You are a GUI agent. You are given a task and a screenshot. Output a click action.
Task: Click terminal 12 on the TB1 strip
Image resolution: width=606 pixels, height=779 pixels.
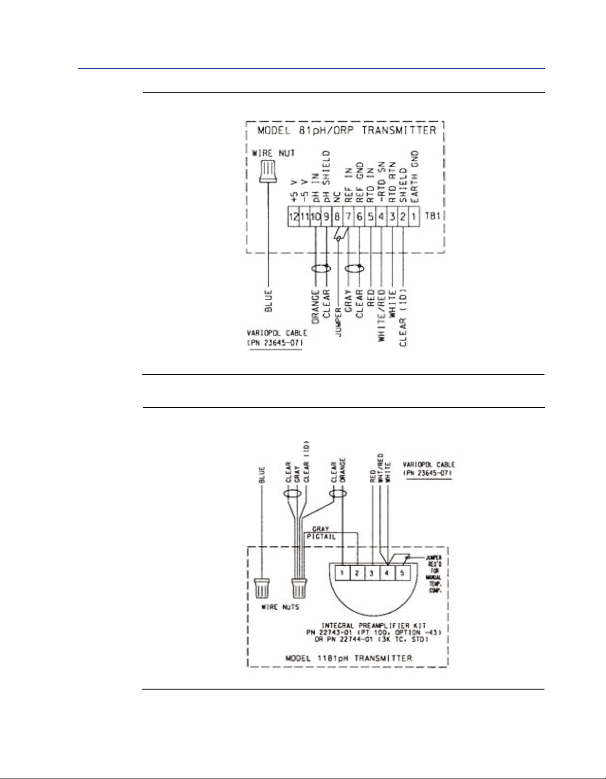[x=293, y=217]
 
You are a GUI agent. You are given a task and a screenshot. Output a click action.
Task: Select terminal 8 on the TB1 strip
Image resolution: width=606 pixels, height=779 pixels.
[x=337, y=217]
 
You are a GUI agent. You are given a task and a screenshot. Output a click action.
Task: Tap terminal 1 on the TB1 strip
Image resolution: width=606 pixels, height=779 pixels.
[x=414, y=217]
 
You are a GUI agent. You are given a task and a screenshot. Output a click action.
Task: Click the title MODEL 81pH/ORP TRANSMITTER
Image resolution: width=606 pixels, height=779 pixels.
[x=346, y=131]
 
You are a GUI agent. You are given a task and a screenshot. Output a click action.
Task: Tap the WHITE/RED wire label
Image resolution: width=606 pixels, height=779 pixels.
[x=382, y=314]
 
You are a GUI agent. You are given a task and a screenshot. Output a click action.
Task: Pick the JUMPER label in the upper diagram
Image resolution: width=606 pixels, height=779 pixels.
[x=338, y=317]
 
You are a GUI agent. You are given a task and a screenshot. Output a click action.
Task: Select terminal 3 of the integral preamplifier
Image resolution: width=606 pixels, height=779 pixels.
[x=371, y=573]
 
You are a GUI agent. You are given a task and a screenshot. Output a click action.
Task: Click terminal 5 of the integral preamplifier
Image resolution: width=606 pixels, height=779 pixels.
[x=402, y=573]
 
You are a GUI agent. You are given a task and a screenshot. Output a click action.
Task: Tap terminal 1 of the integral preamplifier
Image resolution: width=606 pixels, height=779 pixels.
[x=341, y=573]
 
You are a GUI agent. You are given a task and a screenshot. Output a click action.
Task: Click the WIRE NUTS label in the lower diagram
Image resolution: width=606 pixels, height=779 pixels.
[x=279, y=607]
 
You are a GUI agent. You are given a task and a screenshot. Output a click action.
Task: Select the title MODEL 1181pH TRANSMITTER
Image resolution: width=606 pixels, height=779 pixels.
[x=348, y=658]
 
